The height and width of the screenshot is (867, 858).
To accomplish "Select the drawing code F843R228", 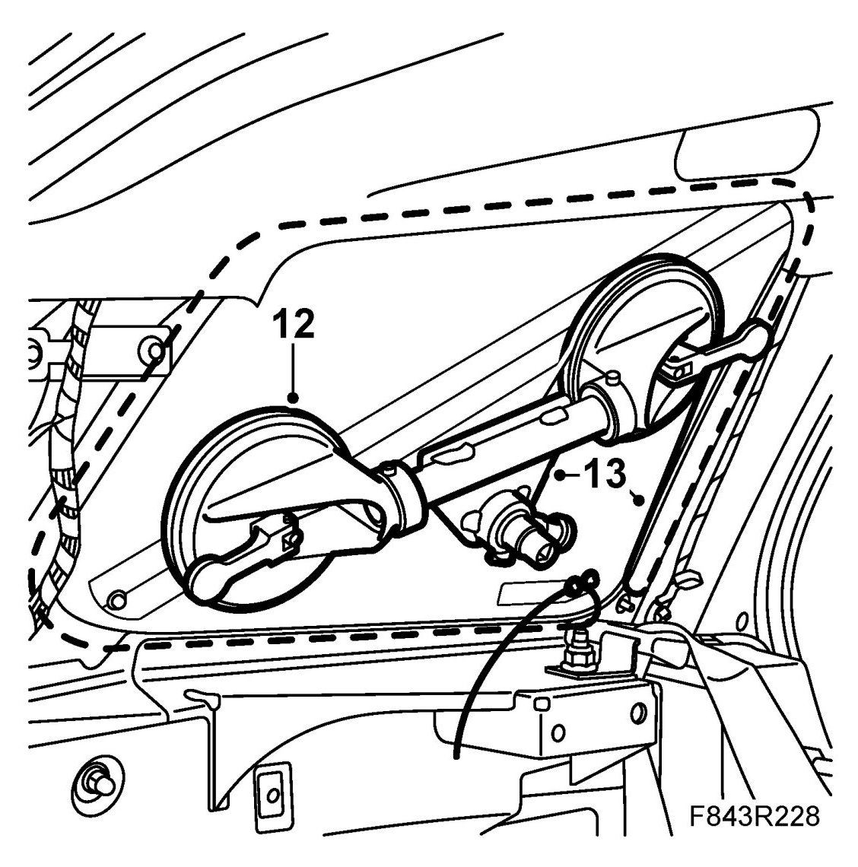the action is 755,818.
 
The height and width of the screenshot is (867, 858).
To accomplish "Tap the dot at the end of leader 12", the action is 293,397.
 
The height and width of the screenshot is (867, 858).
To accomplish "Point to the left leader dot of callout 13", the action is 559,476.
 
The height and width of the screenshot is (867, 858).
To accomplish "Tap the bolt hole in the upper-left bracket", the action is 154,351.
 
